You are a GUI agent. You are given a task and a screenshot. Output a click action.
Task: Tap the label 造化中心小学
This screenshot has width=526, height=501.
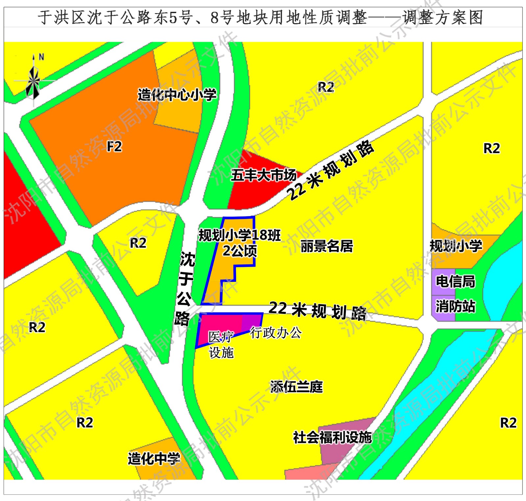(x=177, y=95)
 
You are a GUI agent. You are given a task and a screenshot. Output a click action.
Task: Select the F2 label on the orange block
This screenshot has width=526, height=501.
(x=114, y=146)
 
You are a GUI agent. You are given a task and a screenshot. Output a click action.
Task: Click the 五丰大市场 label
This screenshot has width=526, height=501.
(x=263, y=175)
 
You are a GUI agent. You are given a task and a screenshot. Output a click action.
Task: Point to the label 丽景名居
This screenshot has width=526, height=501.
(x=326, y=246)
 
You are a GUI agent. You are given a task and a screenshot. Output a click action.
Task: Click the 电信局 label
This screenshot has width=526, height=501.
(x=455, y=281)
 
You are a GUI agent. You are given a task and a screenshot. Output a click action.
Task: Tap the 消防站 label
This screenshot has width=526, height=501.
(x=455, y=306)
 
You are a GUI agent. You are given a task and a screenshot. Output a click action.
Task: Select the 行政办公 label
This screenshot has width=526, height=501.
(x=276, y=333)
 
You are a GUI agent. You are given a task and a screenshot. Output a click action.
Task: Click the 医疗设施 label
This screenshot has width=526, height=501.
(x=221, y=345)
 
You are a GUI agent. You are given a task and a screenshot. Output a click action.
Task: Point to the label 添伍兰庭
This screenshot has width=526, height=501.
(x=297, y=387)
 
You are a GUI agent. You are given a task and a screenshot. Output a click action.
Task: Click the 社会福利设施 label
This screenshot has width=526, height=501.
(x=332, y=437)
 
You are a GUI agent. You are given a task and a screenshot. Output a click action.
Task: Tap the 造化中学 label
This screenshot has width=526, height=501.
(x=154, y=458)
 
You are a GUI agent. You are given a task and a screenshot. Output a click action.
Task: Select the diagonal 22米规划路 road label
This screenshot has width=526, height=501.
(x=330, y=170)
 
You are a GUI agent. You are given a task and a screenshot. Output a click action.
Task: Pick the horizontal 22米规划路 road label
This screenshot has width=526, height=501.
(x=317, y=310)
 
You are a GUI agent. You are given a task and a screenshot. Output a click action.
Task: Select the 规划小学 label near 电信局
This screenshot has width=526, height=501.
(x=456, y=246)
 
